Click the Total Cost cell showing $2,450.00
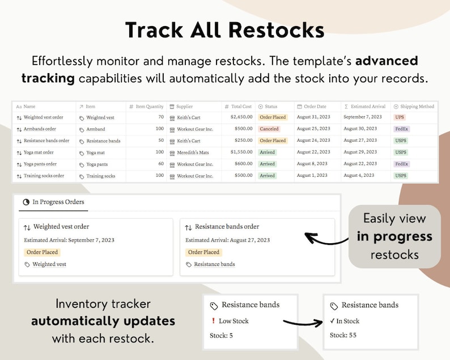point(241,117)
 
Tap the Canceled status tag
point(269,129)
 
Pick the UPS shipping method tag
point(400,117)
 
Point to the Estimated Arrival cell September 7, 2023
point(363,117)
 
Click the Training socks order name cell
point(44,176)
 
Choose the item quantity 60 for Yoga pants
point(161,164)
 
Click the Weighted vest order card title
point(61,227)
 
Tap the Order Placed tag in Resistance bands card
point(203,252)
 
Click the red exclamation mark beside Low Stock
point(213,321)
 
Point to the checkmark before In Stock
point(333,321)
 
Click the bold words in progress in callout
point(394,236)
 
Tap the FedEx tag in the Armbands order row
point(401,129)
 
